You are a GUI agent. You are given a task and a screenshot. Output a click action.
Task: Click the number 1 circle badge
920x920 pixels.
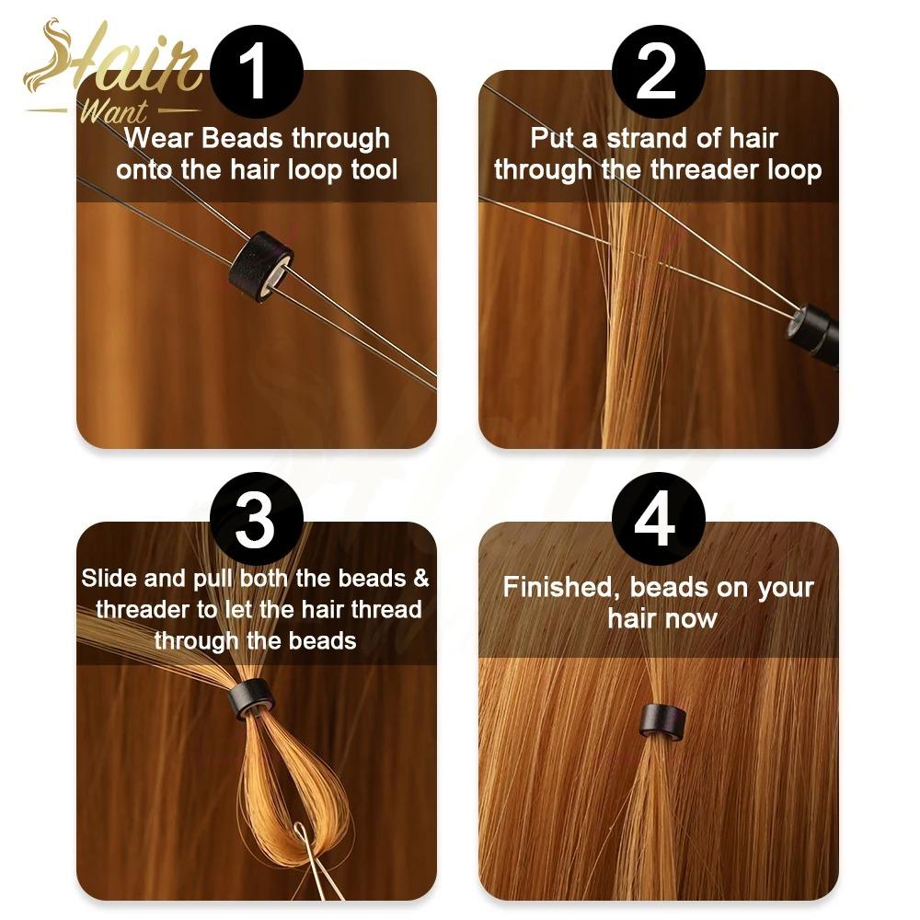256,72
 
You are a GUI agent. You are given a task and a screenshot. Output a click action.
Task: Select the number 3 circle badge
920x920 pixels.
256,519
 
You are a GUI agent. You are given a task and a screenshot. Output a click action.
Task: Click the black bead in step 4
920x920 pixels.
663,719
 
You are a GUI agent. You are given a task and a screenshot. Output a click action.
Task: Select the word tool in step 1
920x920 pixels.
374,169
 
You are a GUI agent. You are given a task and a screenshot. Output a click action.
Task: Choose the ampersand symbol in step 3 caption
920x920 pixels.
420,579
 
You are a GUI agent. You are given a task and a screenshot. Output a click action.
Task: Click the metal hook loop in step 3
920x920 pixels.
303,839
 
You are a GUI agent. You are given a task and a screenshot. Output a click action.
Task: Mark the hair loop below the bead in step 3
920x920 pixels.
276,782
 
